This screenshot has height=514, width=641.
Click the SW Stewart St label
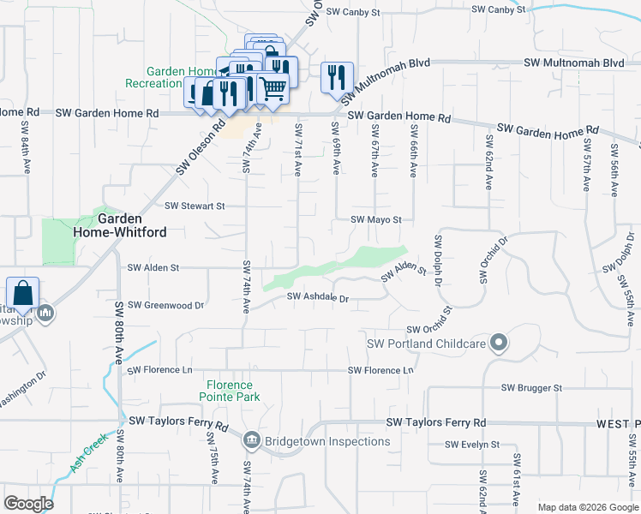[x=195, y=206]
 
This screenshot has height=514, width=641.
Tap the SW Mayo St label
[x=375, y=219]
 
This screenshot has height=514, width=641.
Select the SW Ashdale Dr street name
[x=318, y=297]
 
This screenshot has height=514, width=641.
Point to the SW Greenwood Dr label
[x=165, y=305]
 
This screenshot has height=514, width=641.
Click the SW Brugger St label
[x=531, y=387]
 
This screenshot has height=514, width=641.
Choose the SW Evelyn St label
[x=471, y=445]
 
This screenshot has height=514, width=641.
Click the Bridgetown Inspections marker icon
[x=251, y=441]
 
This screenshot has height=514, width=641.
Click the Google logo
[x=28, y=504]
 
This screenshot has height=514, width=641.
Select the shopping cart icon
[x=273, y=88]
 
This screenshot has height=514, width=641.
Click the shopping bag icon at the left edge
[x=21, y=293]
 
